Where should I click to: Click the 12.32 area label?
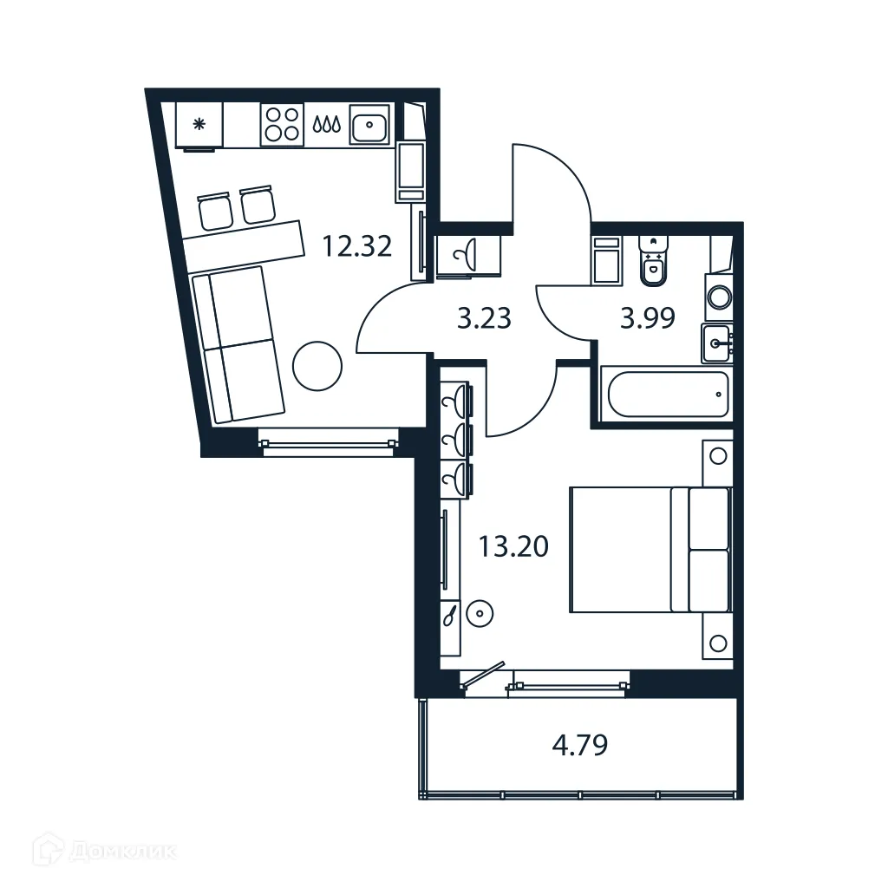click(357, 247)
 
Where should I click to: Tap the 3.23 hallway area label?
click(484, 319)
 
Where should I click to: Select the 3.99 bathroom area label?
click(647, 319)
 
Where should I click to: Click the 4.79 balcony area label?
click(579, 746)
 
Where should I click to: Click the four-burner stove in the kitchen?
click(283, 123)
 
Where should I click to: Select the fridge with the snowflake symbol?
click(199, 125)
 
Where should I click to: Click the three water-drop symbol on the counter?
click(325, 125)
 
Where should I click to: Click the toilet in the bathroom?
click(652, 261)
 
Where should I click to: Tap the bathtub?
click(666, 395)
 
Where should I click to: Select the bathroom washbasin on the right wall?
click(716, 343)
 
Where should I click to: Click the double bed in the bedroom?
click(649, 549)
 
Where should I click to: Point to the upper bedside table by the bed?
click(717, 456)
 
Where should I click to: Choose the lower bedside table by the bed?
click(717, 643)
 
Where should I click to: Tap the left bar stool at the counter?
click(214, 210)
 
